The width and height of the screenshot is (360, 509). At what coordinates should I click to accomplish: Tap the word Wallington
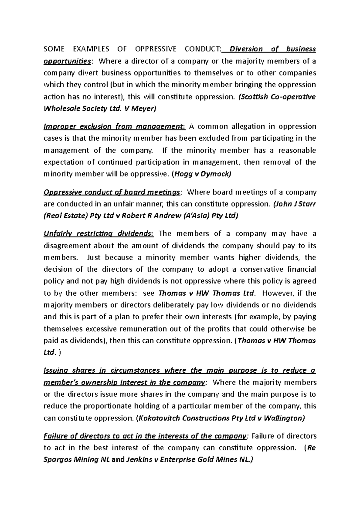(x=284, y=418)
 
